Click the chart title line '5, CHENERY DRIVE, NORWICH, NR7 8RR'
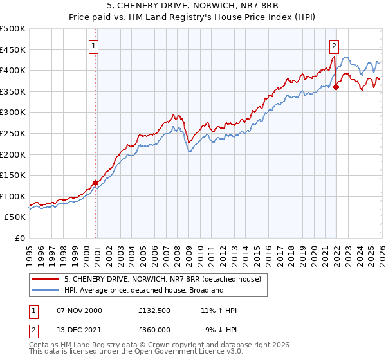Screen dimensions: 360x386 193,6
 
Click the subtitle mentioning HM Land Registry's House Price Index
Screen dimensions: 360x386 193,17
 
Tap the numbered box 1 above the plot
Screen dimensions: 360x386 94,46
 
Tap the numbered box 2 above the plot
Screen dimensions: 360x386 335,46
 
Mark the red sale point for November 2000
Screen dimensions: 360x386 95,183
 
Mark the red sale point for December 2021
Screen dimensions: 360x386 336,87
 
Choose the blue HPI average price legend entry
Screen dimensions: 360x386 143,290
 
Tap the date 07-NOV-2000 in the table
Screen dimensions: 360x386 79,310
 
